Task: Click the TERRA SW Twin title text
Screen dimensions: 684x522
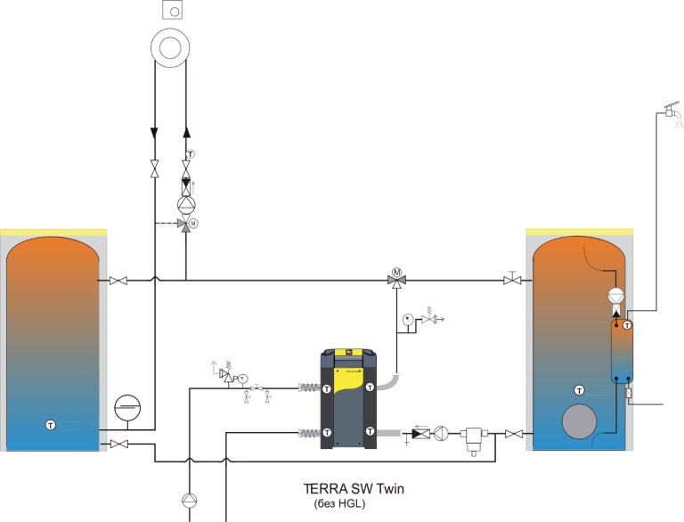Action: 354,488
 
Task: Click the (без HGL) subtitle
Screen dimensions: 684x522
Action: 339,503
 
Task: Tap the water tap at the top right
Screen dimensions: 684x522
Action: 672,110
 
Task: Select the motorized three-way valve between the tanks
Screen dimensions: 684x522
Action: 396,278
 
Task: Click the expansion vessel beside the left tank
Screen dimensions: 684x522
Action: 127,408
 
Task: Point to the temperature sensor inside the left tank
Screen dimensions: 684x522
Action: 51,425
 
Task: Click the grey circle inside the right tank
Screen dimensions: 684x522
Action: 579,421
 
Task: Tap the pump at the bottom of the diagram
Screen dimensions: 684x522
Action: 190,501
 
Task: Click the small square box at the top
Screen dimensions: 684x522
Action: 172,10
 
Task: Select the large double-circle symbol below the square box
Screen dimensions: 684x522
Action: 170,47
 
